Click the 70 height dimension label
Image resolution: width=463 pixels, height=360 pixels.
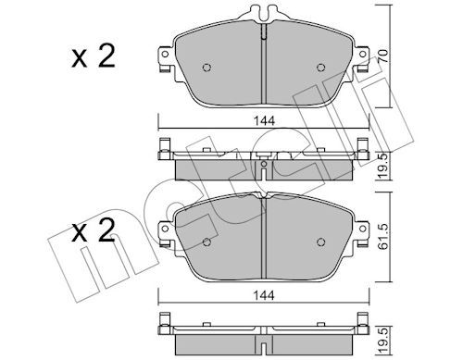(x=382, y=56)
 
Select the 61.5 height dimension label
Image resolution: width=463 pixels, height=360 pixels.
(x=382, y=236)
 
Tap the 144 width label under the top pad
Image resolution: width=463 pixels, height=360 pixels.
(x=264, y=121)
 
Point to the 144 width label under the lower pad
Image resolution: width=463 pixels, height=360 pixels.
(x=264, y=295)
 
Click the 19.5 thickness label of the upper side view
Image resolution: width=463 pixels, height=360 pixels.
(x=383, y=167)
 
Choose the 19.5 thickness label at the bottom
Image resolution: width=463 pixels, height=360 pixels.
(x=383, y=341)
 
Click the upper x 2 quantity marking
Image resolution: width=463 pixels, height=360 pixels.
(x=94, y=56)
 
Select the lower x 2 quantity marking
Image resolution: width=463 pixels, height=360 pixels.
(x=94, y=230)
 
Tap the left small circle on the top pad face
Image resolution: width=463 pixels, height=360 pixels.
(x=206, y=68)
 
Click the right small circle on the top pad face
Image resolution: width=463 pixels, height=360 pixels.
(x=321, y=68)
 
